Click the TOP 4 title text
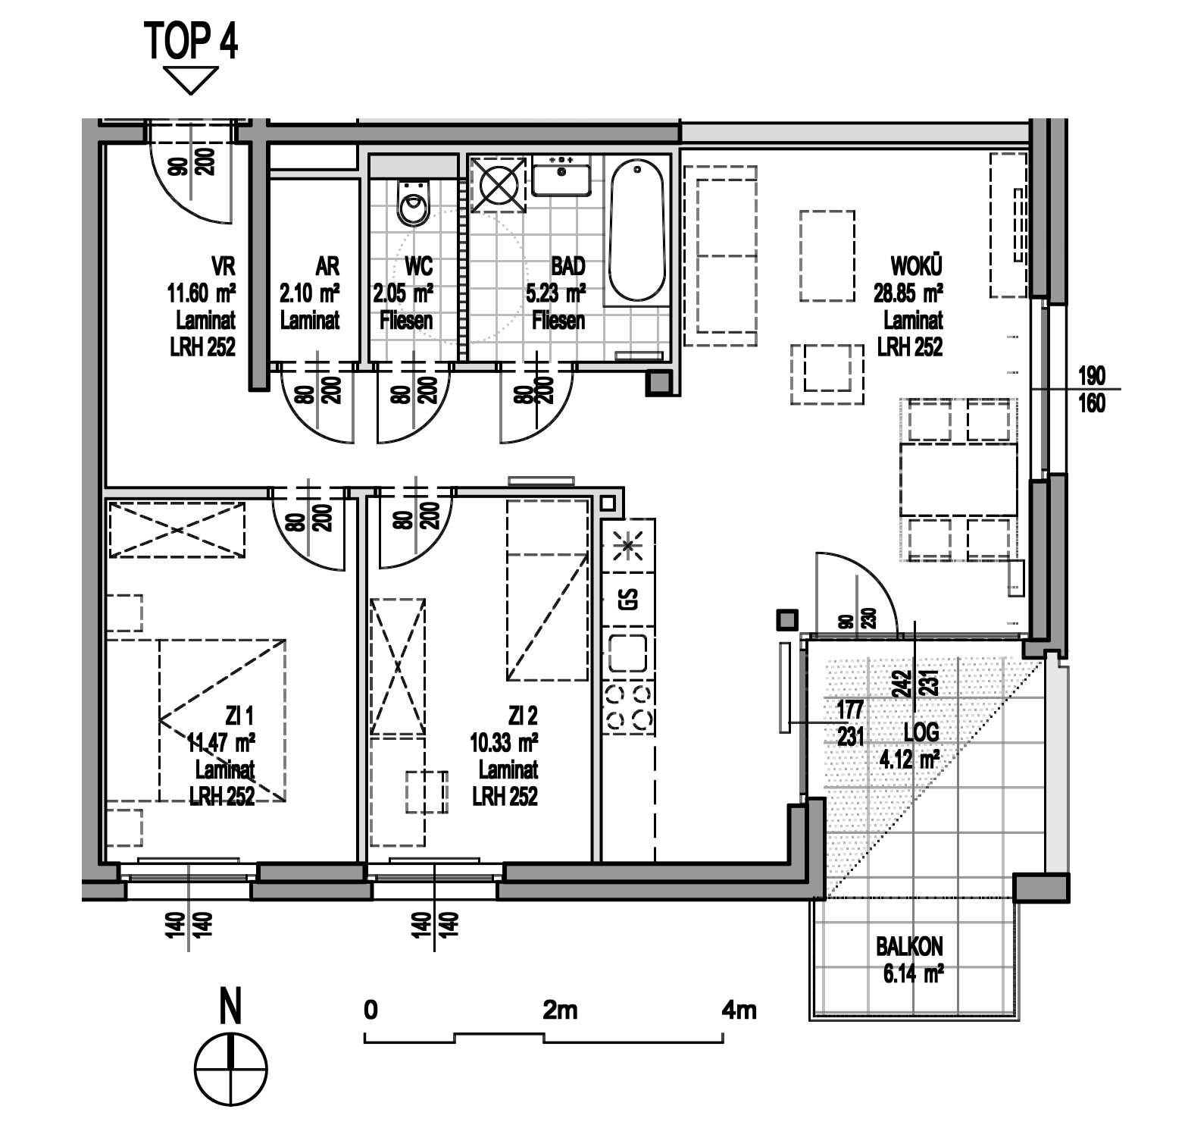(x=191, y=42)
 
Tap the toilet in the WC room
(x=413, y=202)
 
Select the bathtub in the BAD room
(x=637, y=231)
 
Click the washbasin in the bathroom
(x=561, y=175)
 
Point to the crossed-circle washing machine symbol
(x=498, y=185)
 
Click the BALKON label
(x=909, y=947)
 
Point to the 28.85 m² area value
(x=908, y=293)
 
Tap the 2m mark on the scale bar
(x=560, y=1010)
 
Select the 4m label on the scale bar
(x=739, y=1010)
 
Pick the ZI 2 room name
(x=523, y=715)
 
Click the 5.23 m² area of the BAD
(x=555, y=293)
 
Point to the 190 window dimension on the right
(x=1091, y=375)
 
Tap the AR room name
(x=327, y=266)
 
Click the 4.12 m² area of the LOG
(x=909, y=758)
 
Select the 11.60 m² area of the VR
(x=202, y=293)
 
